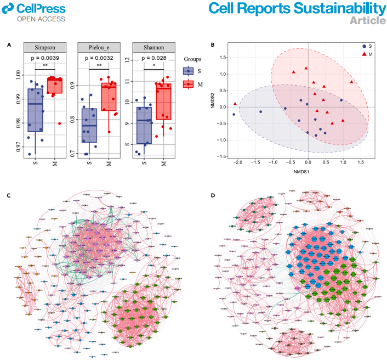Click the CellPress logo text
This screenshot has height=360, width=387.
coord(41,8)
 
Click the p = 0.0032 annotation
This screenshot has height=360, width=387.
coord(98,58)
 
